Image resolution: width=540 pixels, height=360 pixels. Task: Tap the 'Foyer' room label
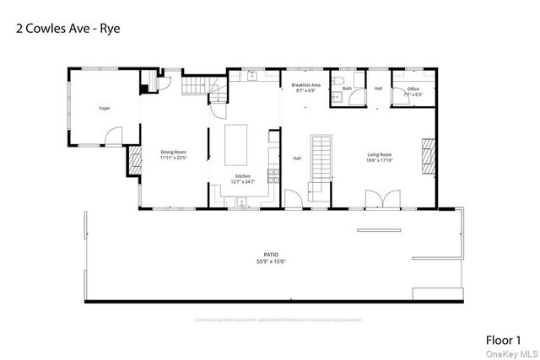pos(105,109)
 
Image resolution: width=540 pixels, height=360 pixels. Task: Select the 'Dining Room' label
pos(172,152)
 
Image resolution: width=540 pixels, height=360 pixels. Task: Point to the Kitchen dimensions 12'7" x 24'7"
pos(243,181)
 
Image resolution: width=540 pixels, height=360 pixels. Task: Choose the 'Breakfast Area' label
pos(305,85)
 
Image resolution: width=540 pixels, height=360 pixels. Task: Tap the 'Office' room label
pos(413,89)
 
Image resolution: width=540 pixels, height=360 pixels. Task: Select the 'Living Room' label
pos(379,154)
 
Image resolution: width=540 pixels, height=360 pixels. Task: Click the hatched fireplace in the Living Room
pos(429,155)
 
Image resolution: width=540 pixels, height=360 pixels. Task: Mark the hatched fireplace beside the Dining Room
pos(133,159)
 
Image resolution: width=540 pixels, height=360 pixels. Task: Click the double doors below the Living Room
pos(378,199)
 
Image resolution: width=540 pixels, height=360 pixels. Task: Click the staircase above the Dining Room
pos(196,85)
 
